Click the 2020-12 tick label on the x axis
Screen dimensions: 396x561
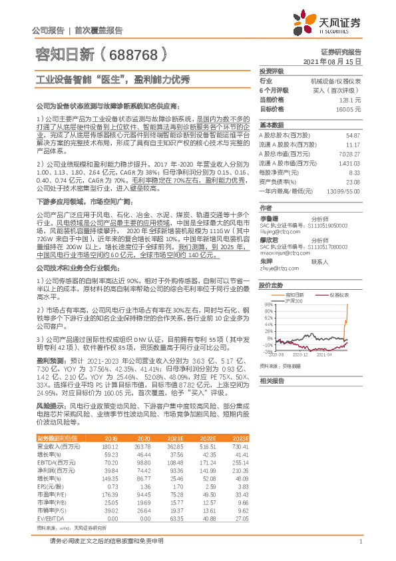pyautogui.click(x=297, y=355)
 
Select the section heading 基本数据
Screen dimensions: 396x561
pyautogui.click(x=271, y=125)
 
